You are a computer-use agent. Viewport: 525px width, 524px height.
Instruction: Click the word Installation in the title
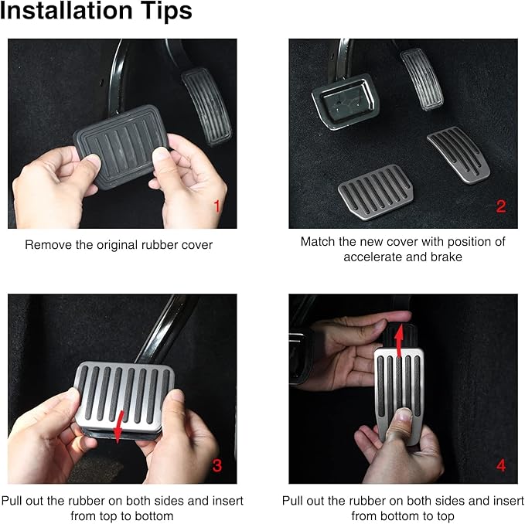point(66,11)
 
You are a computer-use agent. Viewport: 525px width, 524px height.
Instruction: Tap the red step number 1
point(217,206)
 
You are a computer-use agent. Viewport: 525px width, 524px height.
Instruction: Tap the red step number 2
point(500,206)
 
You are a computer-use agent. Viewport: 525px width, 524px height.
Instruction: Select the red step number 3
point(217,465)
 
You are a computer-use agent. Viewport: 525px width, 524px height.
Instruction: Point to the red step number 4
point(501,465)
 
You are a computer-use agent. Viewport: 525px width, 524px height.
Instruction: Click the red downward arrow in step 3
point(118,427)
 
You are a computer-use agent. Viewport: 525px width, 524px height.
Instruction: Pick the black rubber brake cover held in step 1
point(121,146)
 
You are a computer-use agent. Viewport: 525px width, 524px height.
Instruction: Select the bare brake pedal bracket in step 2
point(346,100)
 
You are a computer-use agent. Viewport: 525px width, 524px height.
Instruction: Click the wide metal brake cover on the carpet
point(376,192)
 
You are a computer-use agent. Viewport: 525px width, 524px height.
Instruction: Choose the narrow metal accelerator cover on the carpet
point(459,155)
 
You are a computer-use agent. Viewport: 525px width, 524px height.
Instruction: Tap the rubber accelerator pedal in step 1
point(206,107)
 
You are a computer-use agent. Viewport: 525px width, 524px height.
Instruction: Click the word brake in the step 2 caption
point(446,257)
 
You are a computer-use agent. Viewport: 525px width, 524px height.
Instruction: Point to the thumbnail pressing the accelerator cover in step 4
point(404,415)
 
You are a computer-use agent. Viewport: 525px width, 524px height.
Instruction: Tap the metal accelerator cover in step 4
point(399,395)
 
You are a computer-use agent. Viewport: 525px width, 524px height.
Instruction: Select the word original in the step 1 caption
point(118,245)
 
